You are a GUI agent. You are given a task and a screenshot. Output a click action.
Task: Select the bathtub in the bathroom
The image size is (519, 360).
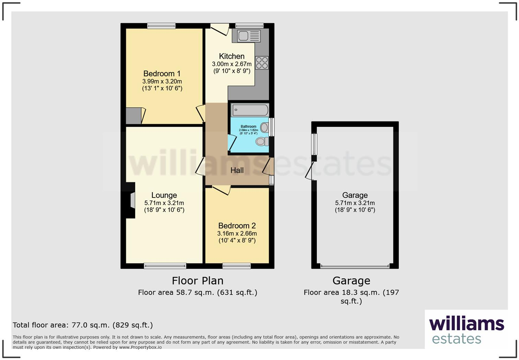click(250, 110)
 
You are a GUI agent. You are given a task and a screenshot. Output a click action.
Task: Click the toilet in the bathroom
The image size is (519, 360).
click(263, 141)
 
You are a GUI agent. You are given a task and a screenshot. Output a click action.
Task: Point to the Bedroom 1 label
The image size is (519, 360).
click(162, 74)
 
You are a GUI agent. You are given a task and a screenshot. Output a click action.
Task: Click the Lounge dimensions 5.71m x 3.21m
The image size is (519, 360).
click(164, 203)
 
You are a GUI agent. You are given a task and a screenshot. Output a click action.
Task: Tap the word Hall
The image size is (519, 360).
click(237, 170)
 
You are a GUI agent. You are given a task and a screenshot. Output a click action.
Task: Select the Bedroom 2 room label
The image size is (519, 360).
click(237, 226)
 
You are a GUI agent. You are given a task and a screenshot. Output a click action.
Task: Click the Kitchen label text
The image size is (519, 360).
click(232, 56)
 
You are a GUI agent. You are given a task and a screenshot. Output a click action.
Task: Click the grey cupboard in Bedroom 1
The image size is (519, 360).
click(134, 116)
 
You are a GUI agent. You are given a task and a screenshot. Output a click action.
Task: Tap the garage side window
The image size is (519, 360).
click(314, 144)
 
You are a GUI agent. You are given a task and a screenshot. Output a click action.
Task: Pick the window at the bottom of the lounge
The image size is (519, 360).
click(165, 266)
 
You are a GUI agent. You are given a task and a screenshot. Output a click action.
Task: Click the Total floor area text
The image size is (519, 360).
click(83, 325)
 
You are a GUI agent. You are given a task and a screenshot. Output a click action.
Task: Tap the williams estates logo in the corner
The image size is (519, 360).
click(466, 330)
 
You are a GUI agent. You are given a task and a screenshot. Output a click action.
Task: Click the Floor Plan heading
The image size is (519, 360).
click(197, 281)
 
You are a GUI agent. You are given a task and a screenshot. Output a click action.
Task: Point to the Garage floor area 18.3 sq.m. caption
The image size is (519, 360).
click(351, 296)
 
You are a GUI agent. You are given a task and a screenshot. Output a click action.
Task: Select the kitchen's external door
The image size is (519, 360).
click(220, 29)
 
